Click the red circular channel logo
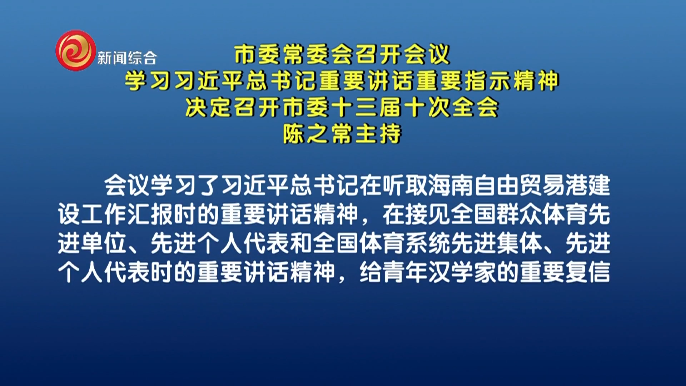(76, 50)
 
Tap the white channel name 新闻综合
(127, 58)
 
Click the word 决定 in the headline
(209, 107)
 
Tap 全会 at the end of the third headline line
(475, 107)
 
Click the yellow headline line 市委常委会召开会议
(342, 54)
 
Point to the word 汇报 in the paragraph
(150, 214)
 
